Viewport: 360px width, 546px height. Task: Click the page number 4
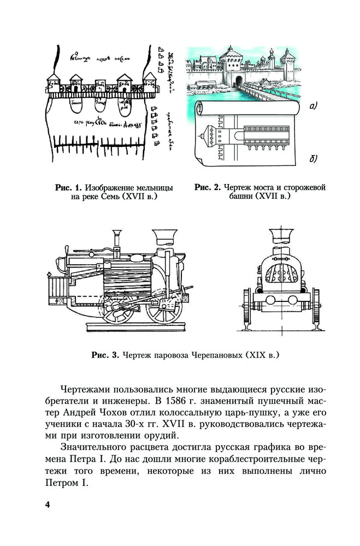[x=48, y=504]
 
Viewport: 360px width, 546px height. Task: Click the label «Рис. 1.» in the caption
[x=68, y=188]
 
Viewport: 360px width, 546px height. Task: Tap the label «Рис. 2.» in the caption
[x=207, y=188]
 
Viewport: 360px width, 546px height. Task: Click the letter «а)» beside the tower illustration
[x=313, y=106]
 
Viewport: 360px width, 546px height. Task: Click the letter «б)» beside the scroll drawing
[x=313, y=158]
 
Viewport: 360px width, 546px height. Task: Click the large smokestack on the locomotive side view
[x=164, y=238]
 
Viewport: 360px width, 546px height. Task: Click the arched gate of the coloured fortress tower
[x=238, y=81]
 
